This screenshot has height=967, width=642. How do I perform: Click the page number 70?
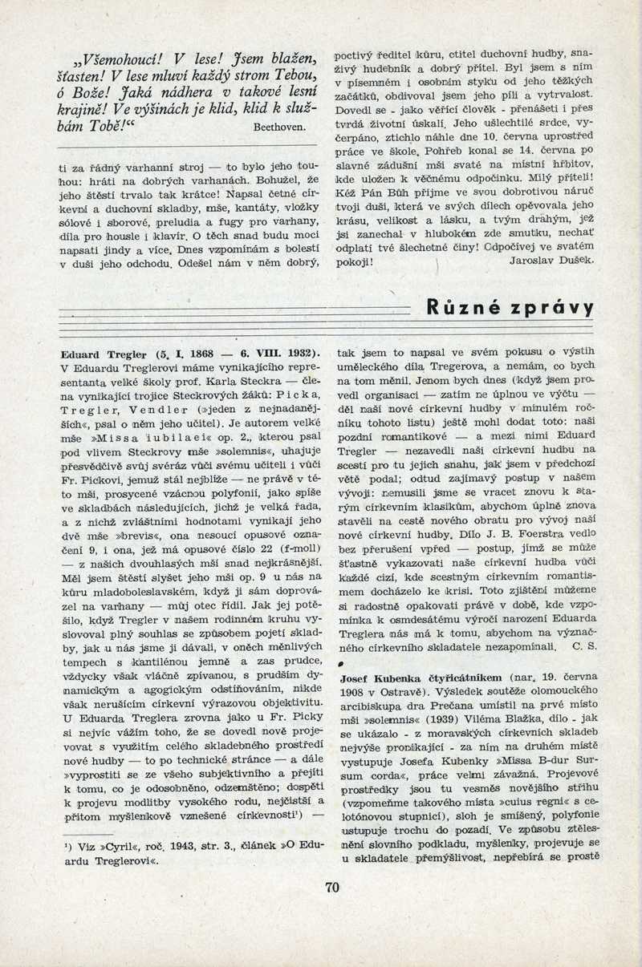332,887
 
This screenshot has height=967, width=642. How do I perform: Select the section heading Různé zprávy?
510,308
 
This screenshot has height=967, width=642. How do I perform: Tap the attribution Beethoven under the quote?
278,127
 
